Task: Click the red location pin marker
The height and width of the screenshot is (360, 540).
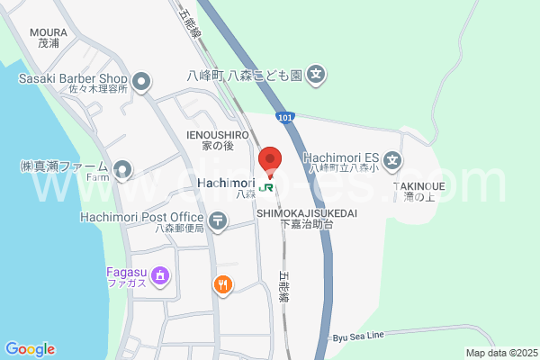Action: (x=271, y=159)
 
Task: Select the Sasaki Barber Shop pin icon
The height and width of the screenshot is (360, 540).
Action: (x=141, y=84)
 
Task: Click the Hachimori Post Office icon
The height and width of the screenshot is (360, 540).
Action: (x=218, y=220)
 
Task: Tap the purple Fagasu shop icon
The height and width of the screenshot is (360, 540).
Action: (x=160, y=274)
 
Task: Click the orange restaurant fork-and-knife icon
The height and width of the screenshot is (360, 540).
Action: (x=223, y=285)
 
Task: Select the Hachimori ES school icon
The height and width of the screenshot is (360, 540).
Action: (x=392, y=162)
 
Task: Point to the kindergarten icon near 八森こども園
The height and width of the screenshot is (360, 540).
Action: (x=316, y=75)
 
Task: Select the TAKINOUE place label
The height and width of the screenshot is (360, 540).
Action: (x=420, y=186)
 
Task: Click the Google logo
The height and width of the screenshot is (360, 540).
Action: (x=30, y=349)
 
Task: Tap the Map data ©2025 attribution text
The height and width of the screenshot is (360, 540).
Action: (x=500, y=353)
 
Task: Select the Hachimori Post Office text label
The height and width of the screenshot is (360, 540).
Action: (x=141, y=217)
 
